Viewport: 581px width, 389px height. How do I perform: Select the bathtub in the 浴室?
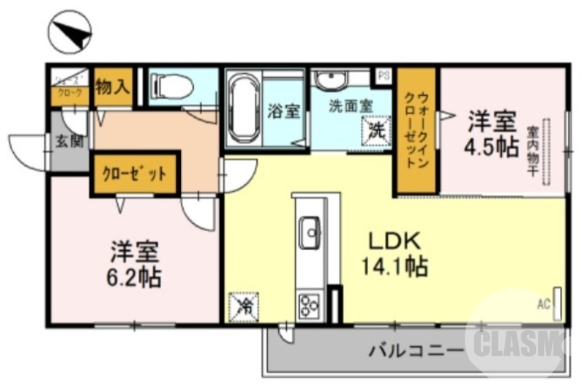244,109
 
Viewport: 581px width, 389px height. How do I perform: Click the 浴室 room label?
283,111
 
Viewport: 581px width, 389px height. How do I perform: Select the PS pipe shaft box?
383,74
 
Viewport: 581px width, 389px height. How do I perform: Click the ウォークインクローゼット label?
416,131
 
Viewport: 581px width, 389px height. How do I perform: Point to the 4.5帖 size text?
491,146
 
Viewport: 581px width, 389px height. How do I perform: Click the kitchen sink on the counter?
311,233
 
